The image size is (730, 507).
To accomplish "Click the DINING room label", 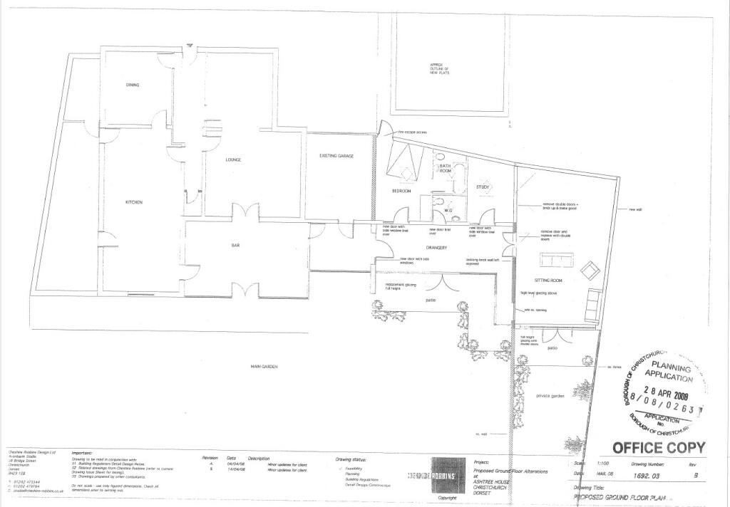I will click(133, 85).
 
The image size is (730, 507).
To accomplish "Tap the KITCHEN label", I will click(134, 202).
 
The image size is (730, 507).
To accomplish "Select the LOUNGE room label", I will click(234, 160).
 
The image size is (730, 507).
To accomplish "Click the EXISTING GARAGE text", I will click(336, 155).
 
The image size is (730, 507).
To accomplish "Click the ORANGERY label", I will click(436, 247).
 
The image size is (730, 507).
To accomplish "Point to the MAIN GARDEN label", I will click(263, 367).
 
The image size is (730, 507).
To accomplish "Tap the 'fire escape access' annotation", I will click(412, 132).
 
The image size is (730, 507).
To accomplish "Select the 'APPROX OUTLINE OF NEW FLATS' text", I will click(436, 68).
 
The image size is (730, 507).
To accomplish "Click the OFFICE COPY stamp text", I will click(659, 448).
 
